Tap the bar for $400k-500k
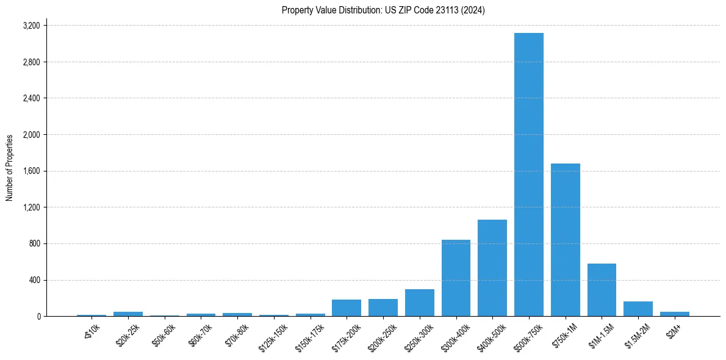pyautogui.click(x=492, y=268)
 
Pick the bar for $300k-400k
pyautogui.click(x=456, y=278)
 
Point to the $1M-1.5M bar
pyautogui.click(x=602, y=290)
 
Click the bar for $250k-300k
pyautogui.click(x=419, y=303)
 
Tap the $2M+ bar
pyautogui.click(x=675, y=314)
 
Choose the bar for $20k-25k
pyautogui.click(x=128, y=314)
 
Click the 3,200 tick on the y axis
pyautogui.click(x=31, y=26)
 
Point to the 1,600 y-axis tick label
pyautogui.click(x=31, y=171)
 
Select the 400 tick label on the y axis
pyautogui.click(x=34, y=280)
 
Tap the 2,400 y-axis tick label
pyautogui.click(x=31, y=98)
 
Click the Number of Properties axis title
pyautogui.click(x=10, y=168)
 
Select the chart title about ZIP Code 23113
pyautogui.click(x=383, y=10)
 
